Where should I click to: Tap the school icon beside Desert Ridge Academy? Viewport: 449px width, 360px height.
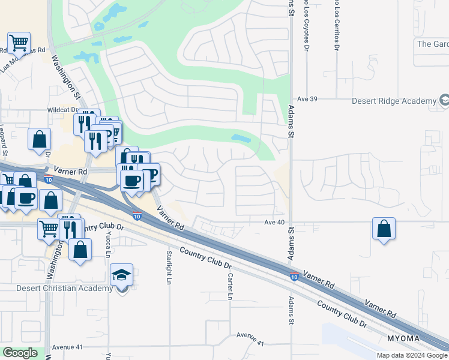pos(444,101)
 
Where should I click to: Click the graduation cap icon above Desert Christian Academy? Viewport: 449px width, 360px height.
pos(122,276)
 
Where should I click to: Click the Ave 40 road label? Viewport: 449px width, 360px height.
pos(273,223)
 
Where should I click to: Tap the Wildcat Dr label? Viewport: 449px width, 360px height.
pos(63,110)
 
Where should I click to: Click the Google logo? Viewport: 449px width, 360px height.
pos(20,353)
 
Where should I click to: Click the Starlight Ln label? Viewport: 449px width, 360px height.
pos(169,267)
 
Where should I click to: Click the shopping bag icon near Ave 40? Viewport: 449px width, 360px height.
pos(384,229)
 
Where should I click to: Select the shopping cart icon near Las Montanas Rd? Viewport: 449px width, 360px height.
pos(19,43)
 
